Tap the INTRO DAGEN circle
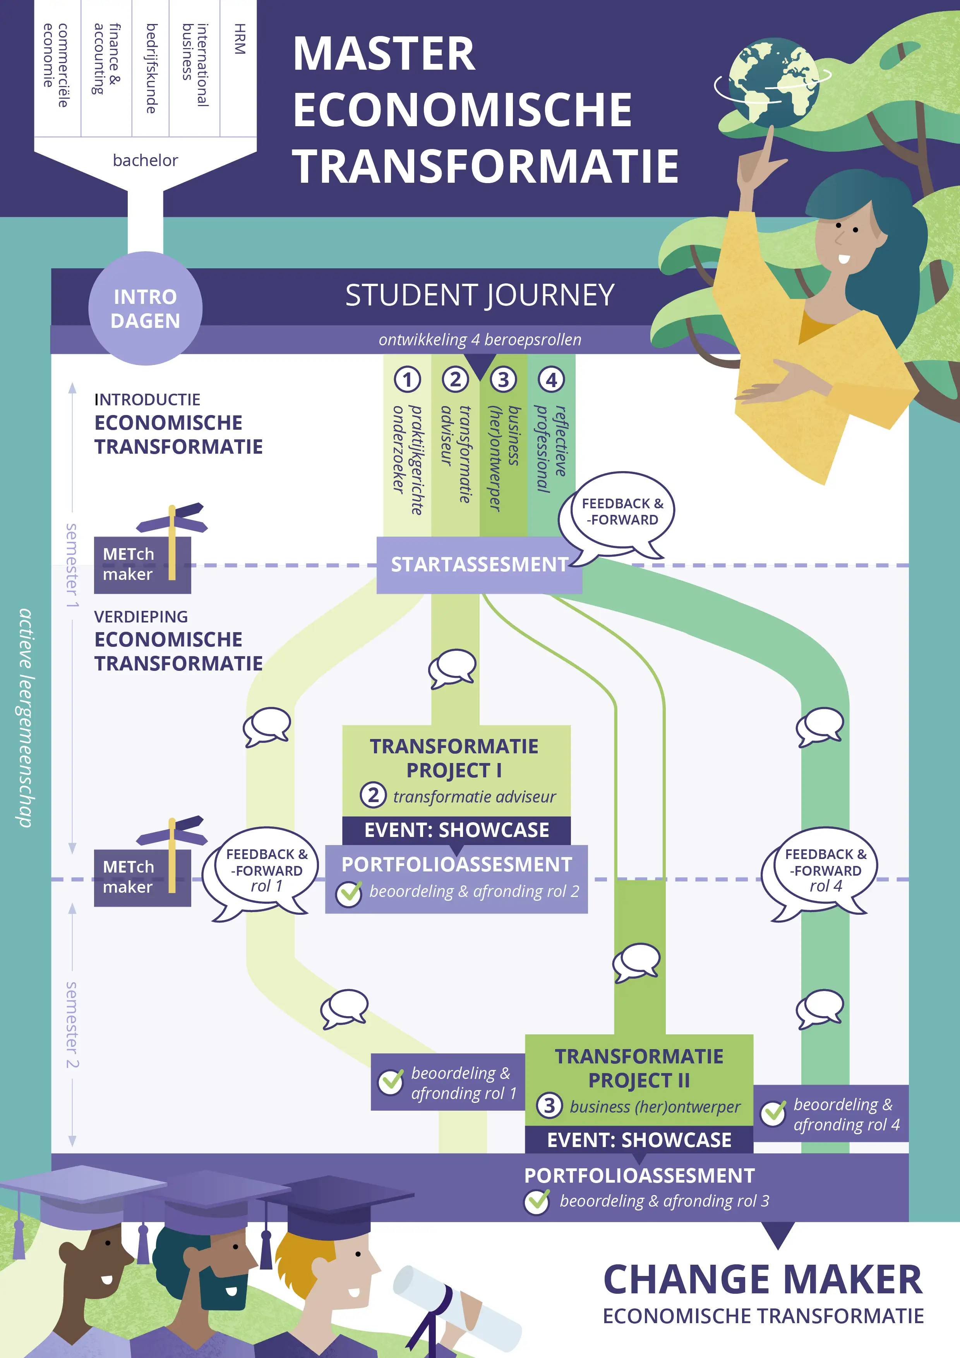coord(146,308)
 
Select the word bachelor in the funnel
coord(146,160)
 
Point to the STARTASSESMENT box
coord(479,565)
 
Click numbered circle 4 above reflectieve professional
coord(551,380)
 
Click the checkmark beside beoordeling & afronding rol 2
coord(349,893)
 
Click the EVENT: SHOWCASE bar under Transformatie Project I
coord(457,830)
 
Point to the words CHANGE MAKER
coord(763,1279)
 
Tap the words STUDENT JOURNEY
coord(480,295)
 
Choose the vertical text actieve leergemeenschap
coord(25,717)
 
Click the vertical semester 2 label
coord(72,1025)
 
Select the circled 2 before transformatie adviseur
coord(373,796)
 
